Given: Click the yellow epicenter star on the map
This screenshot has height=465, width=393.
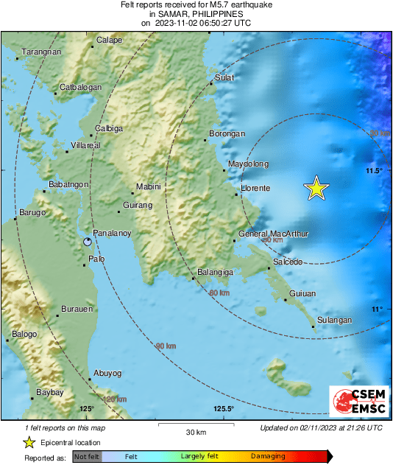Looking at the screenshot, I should (316, 189).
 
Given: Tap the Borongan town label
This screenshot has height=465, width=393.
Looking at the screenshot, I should (227, 134).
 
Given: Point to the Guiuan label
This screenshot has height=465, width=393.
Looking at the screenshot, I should (302, 293).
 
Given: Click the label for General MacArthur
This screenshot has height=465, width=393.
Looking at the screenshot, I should (273, 234).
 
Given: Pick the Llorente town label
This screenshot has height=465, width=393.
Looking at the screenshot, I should (255, 189).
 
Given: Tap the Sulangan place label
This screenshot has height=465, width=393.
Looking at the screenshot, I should (334, 320).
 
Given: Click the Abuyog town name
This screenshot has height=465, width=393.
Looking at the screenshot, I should (107, 373).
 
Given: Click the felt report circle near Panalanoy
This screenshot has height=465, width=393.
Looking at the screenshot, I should (88, 242).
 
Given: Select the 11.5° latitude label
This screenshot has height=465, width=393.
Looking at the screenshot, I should (374, 171).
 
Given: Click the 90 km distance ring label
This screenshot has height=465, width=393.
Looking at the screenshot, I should (166, 346).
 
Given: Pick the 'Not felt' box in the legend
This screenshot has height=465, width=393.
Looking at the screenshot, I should (87, 456).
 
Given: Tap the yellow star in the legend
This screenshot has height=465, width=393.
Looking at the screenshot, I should (29, 442).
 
